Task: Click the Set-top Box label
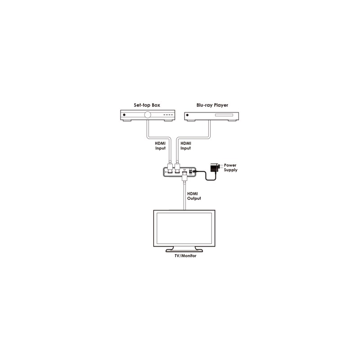(147, 105)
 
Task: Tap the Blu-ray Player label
(212, 105)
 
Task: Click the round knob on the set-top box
(148, 115)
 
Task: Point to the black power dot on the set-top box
(124, 115)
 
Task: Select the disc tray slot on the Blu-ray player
(224, 115)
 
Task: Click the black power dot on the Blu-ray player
(187, 115)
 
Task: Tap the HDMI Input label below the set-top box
(160, 146)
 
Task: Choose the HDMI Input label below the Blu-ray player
(186, 146)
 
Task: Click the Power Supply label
(230, 167)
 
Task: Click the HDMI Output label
(194, 196)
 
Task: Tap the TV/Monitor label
(185, 256)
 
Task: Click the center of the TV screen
(184, 229)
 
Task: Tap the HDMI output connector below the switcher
(184, 177)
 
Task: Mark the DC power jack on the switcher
(190, 171)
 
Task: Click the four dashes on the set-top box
(168, 115)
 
